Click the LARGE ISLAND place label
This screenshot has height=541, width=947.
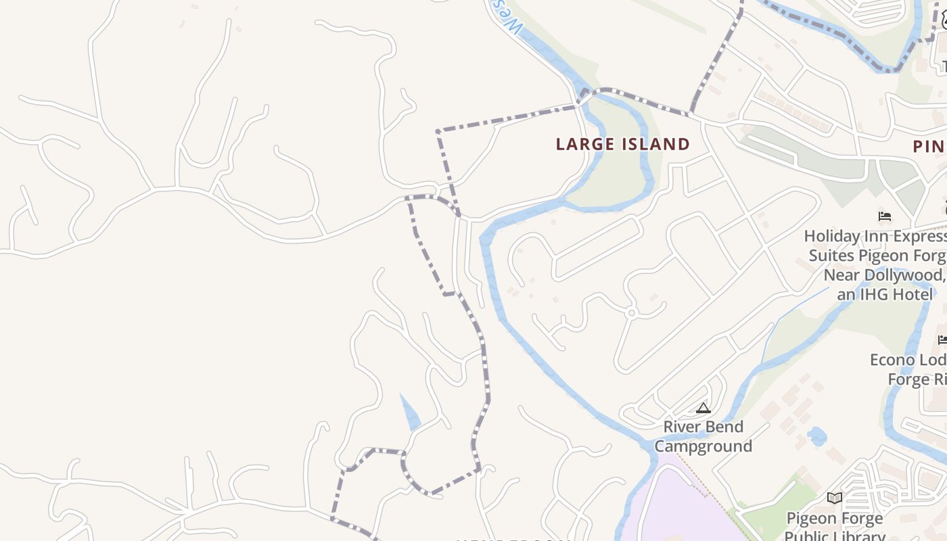(622, 144)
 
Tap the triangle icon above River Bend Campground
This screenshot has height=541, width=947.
(703, 408)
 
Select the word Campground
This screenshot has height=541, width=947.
(703, 446)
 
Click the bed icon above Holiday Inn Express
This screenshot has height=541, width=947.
(884, 216)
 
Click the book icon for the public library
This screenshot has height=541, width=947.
(835, 498)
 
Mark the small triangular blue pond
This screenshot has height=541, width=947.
(410, 413)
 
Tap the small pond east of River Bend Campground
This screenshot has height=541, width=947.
(817, 436)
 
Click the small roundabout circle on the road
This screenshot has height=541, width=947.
(631, 313)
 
